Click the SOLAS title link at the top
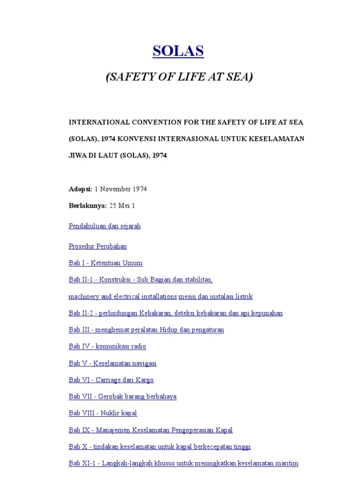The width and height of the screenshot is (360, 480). (178, 51)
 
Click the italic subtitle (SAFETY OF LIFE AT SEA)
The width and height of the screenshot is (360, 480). (179, 77)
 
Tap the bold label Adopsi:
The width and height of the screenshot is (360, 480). (81, 189)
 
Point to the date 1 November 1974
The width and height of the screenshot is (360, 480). (120, 189)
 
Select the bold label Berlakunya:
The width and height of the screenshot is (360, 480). (88, 206)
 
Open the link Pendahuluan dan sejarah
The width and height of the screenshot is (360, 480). (105, 226)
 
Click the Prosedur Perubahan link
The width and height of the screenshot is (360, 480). (97, 246)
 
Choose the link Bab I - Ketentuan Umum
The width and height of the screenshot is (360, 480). (105, 263)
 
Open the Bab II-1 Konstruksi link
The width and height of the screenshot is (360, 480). (140, 280)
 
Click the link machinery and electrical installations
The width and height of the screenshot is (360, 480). (122, 297)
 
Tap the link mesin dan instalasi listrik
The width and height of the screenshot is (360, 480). (216, 297)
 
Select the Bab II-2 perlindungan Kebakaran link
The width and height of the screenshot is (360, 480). (175, 313)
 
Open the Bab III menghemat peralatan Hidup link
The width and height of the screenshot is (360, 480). (146, 330)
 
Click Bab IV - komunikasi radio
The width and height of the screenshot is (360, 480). (107, 346)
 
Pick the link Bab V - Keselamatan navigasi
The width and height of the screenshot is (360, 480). (112, 363)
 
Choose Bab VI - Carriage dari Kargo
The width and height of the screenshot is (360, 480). (111, 380)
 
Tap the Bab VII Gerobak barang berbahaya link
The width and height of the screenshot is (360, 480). (122, 397)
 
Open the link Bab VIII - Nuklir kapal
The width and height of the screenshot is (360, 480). (103, 413)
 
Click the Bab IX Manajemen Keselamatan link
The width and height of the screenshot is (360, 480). (150, 430)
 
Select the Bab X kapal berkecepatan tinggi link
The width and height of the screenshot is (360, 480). (159, 447)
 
